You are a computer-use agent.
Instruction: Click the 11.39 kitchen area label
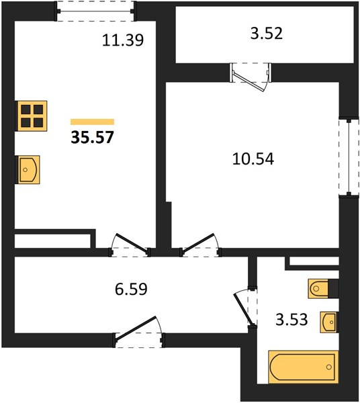tap(123, 40)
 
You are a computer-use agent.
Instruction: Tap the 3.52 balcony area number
tap(267, 34)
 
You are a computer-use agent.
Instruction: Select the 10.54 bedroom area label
tap(253, 159)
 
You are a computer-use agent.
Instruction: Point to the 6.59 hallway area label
tap(131, 289)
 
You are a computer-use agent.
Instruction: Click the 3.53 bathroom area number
tap(291, 320)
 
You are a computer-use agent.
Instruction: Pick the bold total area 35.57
tap(92, 137)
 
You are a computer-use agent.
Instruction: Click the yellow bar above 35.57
tap(92, 122)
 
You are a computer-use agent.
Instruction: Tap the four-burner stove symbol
tap(31, 116)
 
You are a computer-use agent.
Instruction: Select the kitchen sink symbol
tap(28, 170)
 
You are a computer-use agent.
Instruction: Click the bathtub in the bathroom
tap(303, 367)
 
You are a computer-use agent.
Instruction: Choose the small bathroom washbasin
tap(328, 322)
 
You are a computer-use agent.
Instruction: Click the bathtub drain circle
tap(329, 367)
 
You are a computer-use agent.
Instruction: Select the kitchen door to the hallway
tap(130, 245)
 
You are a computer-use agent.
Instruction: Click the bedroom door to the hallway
tap(200, 245)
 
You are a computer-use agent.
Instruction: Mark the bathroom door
tap(246, 307)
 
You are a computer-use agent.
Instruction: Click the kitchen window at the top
tap(95, 11)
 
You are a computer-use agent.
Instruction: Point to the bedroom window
tap(349, 157)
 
